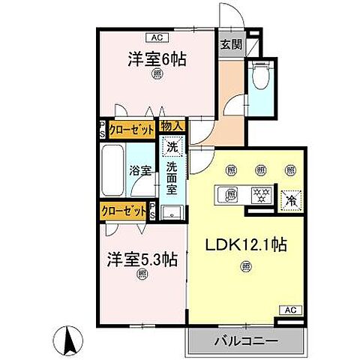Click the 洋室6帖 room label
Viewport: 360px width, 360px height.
pyautogui.click(x=157, y=57)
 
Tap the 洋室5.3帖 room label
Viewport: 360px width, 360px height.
pyautogui.click(x=142, y=259)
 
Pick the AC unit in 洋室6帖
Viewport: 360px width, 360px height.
pyautogui.click(x=157, y=36)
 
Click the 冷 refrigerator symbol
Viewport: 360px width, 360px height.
pyautogui.click(x=290, y=200)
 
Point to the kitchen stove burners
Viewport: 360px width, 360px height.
pyautogui.click(x=261, y=194)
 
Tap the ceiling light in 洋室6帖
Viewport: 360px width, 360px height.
pyautogui.click(x=157, y=74)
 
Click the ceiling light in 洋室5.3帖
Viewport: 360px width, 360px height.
pyautogui.click(x=141, y=276)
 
